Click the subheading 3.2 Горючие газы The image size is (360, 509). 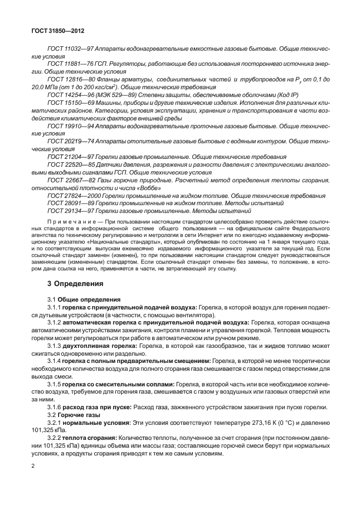[73, 415]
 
